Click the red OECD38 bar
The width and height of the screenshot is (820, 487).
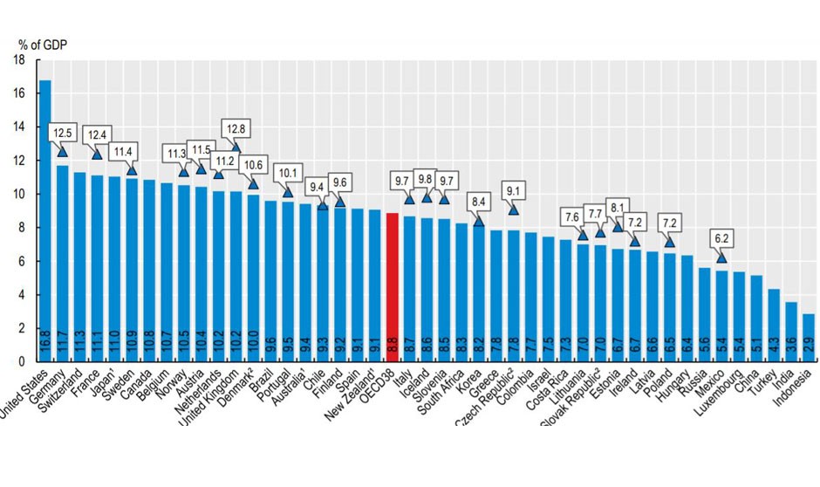(392, 288)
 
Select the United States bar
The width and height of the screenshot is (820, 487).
(45, 218)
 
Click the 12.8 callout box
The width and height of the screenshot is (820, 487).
(236, 127)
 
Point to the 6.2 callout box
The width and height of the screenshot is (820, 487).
(721, 238)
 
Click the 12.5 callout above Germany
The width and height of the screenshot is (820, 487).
(63, 133)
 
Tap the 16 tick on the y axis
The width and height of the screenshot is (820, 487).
(20, 93)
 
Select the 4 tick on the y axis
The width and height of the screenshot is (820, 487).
(20, 295)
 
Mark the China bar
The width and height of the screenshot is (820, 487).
(757, 319)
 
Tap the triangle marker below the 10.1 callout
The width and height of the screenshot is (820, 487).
(288, 191)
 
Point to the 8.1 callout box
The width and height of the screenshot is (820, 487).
(618, 208)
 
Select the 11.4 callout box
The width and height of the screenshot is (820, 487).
(132, 152)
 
